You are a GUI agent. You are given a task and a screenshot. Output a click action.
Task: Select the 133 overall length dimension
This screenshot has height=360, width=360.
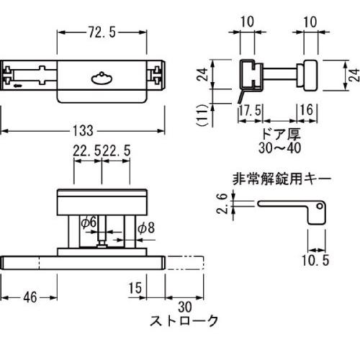(x=84, y=131)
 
